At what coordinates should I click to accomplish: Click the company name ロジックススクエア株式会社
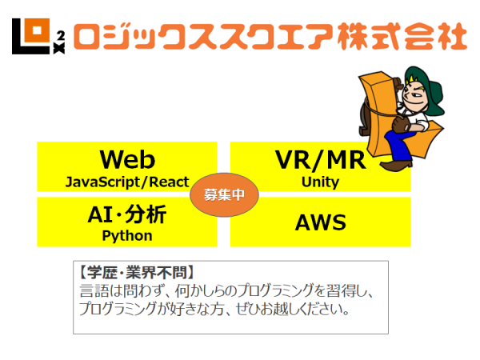pyautogui.click(x=269, y=35)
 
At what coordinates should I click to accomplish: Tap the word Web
pyautogui.click(x=127, y=158)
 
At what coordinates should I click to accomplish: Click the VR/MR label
pyautogui.click(x=320, y=159)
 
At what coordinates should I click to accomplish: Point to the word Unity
pyautogui.click(x=320, y=182)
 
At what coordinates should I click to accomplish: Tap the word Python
pyautogui.click(x=127, y=236)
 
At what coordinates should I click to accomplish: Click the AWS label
pyautogui.click(x=320, y=222)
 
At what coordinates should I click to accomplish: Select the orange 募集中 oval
pyautogui.click(x=224, y=194)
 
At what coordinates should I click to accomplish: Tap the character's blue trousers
pyautogui.click(x=400, y=144)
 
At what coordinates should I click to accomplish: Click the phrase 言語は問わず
pyautogui.click(x=112, y=290)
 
